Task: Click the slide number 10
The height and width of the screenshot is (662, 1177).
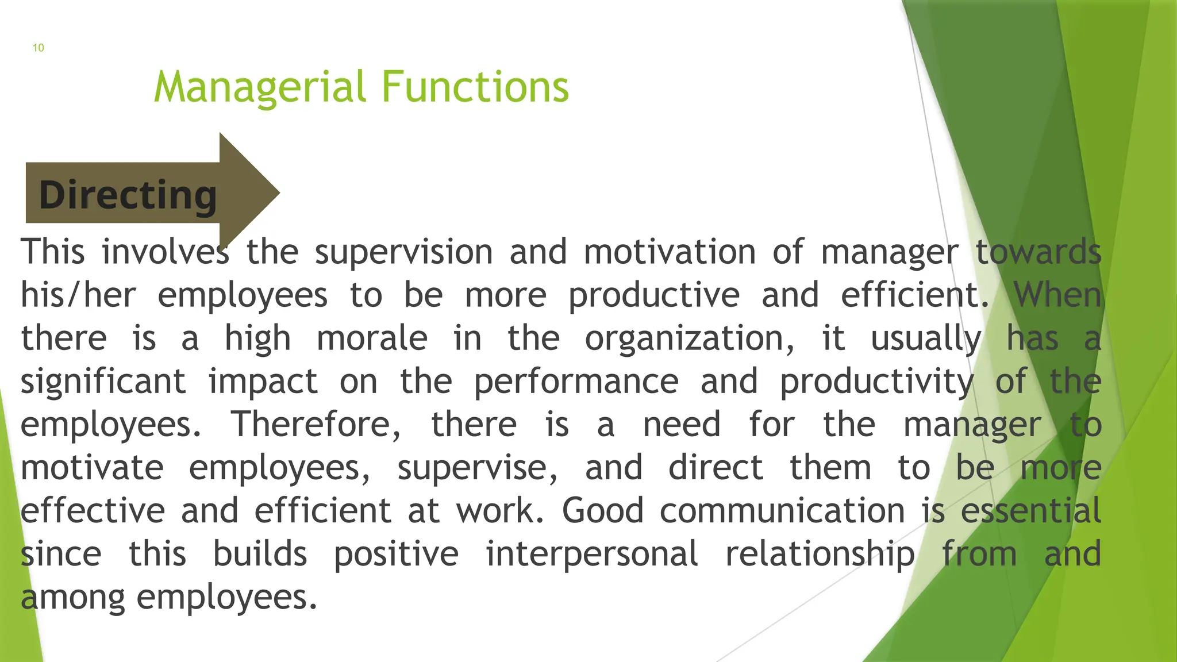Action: (38, 48)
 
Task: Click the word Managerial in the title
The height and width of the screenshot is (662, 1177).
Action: (260, 87)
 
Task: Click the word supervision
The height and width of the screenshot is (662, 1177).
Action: (403, 252)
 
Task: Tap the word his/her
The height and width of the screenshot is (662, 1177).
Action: (78, 295)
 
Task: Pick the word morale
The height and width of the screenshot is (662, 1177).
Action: (372, 338)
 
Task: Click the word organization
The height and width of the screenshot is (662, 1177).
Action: (690, 338)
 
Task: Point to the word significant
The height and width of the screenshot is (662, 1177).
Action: (103, 381)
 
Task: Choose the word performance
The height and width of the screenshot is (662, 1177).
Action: (576, 381)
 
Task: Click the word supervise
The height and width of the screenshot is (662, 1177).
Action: (477, 467)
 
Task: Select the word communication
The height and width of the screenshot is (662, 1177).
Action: (782, 510)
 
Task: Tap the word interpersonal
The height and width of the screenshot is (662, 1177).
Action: (592, 553)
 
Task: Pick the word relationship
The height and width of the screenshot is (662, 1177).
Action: (820, 553)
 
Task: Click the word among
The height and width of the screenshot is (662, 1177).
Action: (72, 598)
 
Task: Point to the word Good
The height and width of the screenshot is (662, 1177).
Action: (602, 510)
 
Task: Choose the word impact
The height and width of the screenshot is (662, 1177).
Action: (263, 381)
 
